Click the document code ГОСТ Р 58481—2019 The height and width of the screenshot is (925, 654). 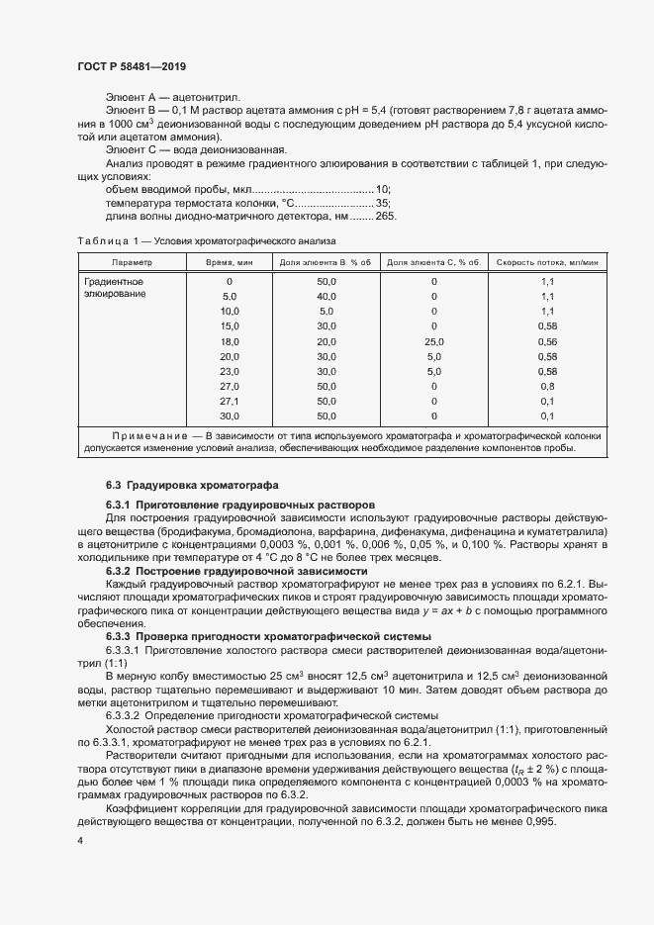(x=131, y=66)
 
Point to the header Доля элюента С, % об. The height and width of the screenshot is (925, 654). (x=432, y=262)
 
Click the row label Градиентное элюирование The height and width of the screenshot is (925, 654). (x=117, y=288)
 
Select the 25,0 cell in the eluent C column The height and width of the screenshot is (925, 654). (x=433, y=340)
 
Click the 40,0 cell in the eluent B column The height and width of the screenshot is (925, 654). (x=327, y=296)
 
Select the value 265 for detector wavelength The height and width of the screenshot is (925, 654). (x=386, y=216)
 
